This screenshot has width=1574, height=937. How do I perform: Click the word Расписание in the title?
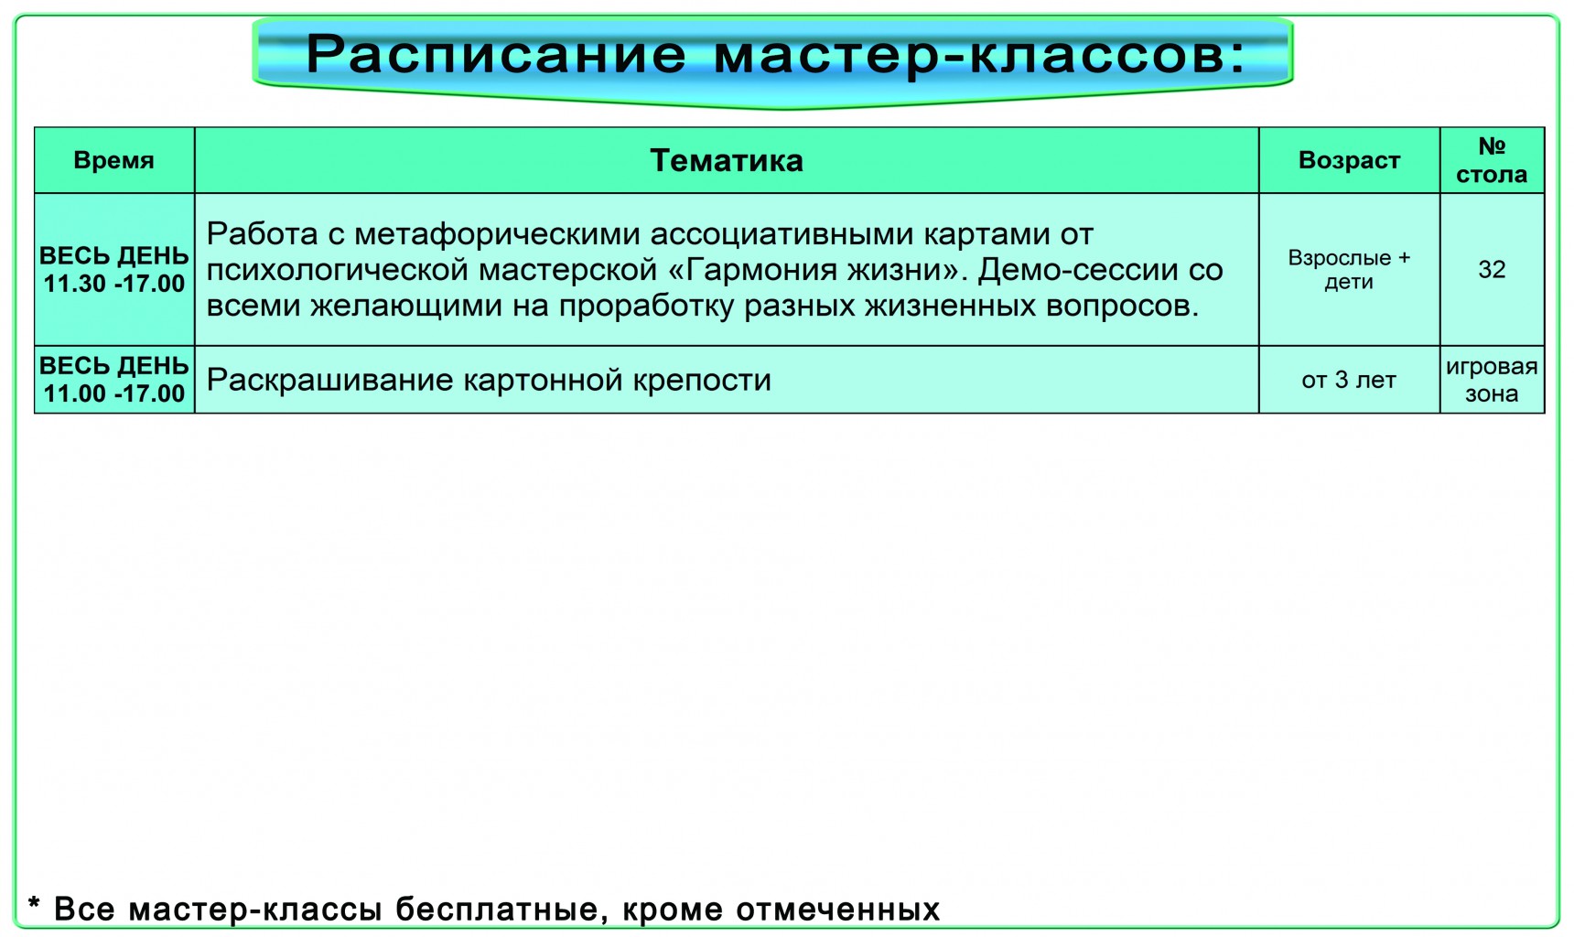pyautogui.click(x=496, y=55)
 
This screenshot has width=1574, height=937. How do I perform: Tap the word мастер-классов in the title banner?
pyautogui.click(x=979, y=55)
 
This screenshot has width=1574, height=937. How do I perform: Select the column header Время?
pyautogui.click(x=113, y=161)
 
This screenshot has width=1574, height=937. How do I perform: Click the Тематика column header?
pyautogui.click(x=727, y=161)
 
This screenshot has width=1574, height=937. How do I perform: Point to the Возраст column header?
pyautogui.click(x=1349, y=161)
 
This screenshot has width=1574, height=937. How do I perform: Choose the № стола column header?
pyautogui.click(x=1492, y=160)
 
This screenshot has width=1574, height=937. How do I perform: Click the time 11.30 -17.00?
pyautogui.click(x=114, y=284)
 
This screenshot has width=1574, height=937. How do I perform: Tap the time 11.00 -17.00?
pyautogui.click(x=114, y=393)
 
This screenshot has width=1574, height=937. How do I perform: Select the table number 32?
pyautogui.click(x=1492, y=270)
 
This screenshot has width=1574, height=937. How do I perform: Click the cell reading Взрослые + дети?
pyautogui.click(x=1349, y=270)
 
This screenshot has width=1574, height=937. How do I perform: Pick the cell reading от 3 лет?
pyautogui.click(x=1349, y=380)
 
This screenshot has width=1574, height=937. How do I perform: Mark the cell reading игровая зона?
pyautogui.click(x=1492, y=380)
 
